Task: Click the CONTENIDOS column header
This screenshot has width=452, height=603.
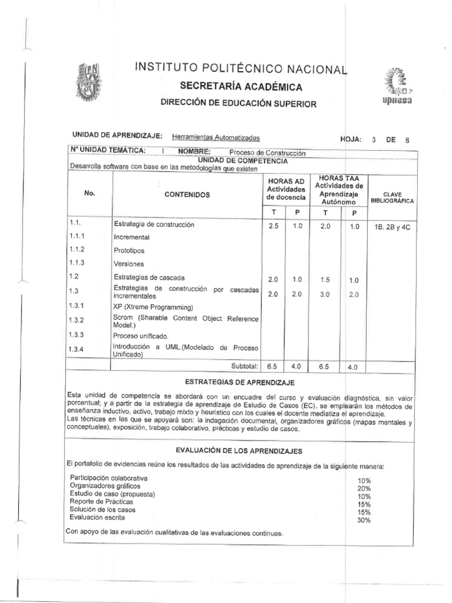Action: [187, 194]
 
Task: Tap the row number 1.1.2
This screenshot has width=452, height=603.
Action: [77, 250]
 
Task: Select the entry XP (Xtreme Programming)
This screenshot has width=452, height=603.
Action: [153, 307]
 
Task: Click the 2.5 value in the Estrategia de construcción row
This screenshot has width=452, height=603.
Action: [272, 226]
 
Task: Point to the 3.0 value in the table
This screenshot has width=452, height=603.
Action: [325, 294]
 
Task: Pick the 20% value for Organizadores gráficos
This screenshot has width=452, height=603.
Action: [364, 488]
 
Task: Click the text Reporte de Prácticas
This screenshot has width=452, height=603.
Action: [101, 501]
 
